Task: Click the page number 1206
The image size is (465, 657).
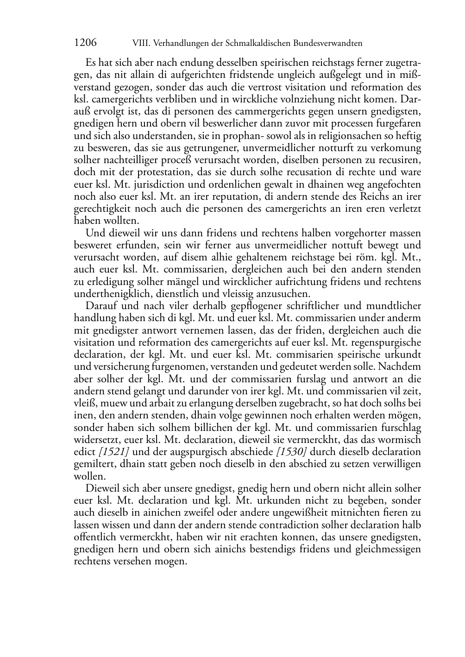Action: tap(85, 43)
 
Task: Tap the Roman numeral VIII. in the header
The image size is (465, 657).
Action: tap(140, 43)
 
